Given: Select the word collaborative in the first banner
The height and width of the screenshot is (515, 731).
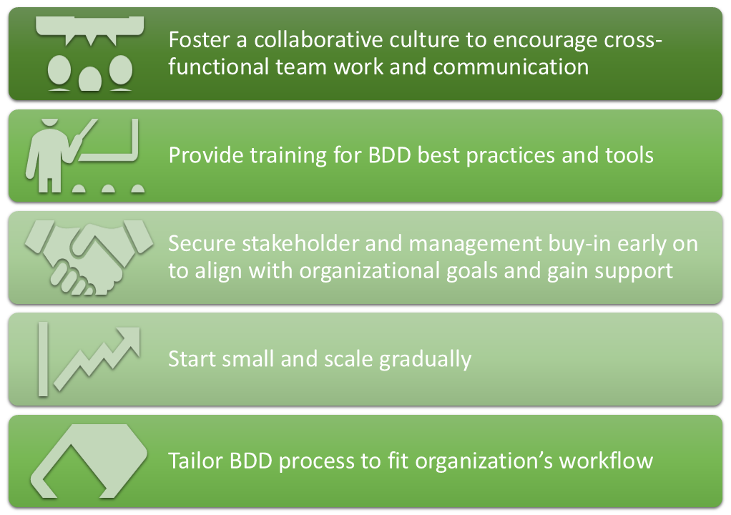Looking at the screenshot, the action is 318,39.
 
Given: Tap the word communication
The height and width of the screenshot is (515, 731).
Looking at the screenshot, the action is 511,67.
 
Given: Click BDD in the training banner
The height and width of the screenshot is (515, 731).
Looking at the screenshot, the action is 389,155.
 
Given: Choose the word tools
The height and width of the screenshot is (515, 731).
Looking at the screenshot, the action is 629,155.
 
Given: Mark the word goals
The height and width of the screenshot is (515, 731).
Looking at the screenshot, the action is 472,271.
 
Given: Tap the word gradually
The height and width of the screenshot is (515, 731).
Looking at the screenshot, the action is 425,360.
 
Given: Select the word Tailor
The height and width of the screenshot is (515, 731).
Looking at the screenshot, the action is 195,461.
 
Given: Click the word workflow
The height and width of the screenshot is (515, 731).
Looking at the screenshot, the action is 606,461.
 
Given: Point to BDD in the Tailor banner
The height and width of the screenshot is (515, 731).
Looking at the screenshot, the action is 251,461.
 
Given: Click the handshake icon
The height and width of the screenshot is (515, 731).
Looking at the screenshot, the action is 89,257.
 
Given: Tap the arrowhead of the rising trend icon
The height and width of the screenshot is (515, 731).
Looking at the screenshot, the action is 129,338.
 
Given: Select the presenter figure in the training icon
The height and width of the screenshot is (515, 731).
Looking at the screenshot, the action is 48,155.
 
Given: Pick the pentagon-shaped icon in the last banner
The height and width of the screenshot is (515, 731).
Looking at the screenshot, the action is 89,461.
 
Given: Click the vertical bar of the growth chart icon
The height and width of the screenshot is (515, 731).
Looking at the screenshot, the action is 43,359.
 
